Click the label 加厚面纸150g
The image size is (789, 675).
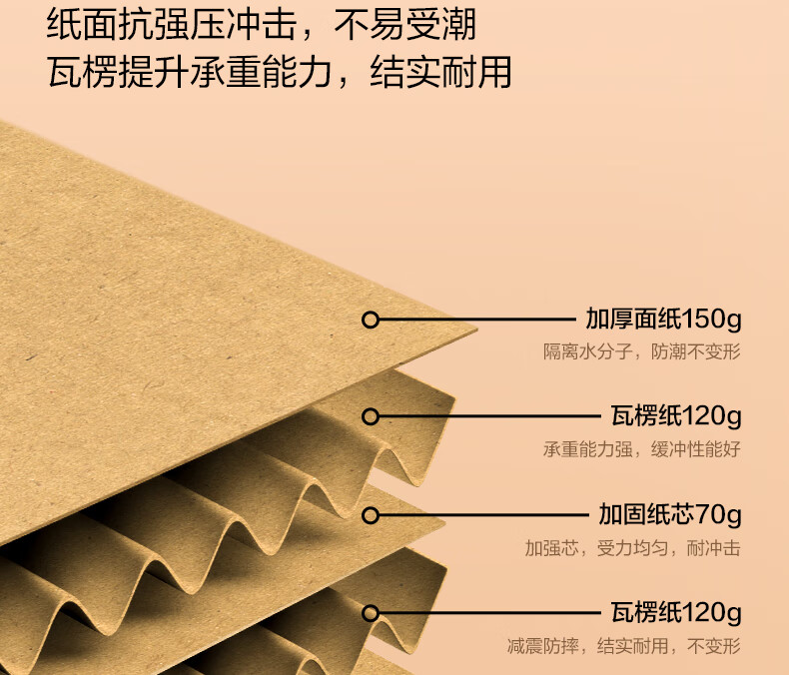pyautogui.click(x=663, y=321)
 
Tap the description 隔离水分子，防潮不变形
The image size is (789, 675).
pyautogui.click(x=641, y=351)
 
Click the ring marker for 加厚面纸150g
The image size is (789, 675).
pyautogui.click(x=371, y=321)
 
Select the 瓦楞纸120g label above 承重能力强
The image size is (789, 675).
pyautogui.click(x=676, y=415)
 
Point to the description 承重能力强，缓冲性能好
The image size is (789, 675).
pyautogui.click(x=641, y=448)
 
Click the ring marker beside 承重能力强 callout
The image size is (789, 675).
pyautogui.click(x=371, y=416)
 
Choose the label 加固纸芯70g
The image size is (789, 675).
pyautogui.click(x=670, y=515)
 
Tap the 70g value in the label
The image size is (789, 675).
pyautogui.click(x=719, y=515)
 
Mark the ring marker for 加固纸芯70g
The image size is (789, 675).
pyautogui.click(x=371, y=515)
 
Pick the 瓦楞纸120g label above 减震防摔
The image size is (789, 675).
pyautogui.click(x=676, y=612)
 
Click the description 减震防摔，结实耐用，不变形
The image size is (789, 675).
pyautogui.click(x=623, y=645)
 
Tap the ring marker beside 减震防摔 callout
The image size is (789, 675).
pyautogui.click(x=371, y=613)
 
